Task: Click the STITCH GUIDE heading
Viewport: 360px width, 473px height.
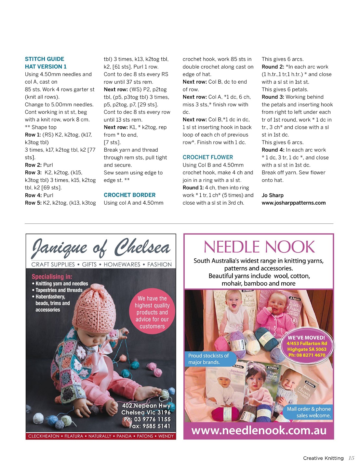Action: [x=45, y=59]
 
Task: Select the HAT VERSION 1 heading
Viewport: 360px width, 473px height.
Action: [x=46, y=66]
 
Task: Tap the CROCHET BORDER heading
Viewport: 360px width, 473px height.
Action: [x=129, y=195]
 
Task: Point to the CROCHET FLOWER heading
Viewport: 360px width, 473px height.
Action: [x=208, y=157]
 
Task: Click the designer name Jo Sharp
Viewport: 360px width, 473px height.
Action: [x=273, y=195]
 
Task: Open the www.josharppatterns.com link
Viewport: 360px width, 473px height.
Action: [x=294, y=203]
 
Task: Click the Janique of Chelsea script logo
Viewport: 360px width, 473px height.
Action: [x=101, y=248]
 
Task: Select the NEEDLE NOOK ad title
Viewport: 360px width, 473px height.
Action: [x=259, y=247]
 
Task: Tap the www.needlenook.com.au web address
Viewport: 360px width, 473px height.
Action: [x=259, y=430]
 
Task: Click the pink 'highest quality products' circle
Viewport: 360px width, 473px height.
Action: [x=152, y=312]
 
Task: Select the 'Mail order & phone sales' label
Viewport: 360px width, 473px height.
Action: [x=309, y=412]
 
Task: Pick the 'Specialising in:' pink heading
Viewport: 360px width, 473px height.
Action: [x=52, y=277]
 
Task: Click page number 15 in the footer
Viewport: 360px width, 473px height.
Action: [x=351, y=458]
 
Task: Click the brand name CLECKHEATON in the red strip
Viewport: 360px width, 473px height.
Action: [x=44, y=436]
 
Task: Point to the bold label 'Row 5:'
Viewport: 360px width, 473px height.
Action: [x=33, y=203]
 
